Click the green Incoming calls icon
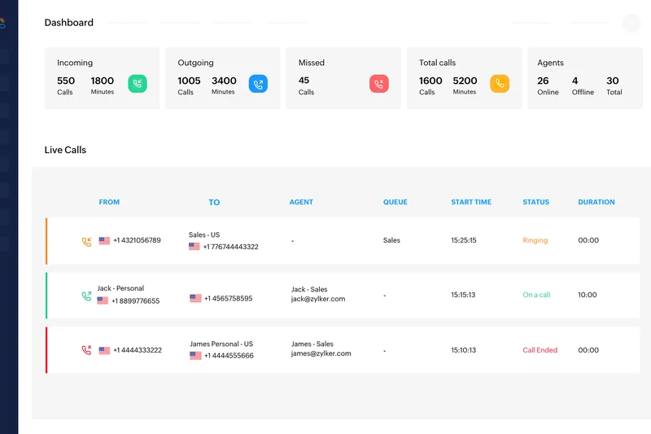[x=138, y=84]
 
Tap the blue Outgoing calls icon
[x=258, y=84]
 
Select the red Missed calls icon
[x=378, y=84]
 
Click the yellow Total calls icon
[x=499, y=84]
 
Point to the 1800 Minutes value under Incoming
[x=103, y=81]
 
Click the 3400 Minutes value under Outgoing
[x=224, y=81]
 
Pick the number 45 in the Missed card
[x=304, y=81]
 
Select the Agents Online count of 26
[x=543, y=81]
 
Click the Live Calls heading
[x=65, y=150]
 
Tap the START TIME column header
[x=471, y=202]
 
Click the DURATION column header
[x=596, y=202]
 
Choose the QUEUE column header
[x=395, y=202]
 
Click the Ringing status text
[x=535, y=240]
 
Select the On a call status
[x=536, y=295]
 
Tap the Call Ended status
[x=540, y=350]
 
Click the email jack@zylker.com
[x=318, y=299]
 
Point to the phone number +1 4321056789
[x=137, y=240]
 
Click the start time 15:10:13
[x=463, y=350]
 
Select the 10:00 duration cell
[x=588, y=295]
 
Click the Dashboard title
[x=69, y=23]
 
